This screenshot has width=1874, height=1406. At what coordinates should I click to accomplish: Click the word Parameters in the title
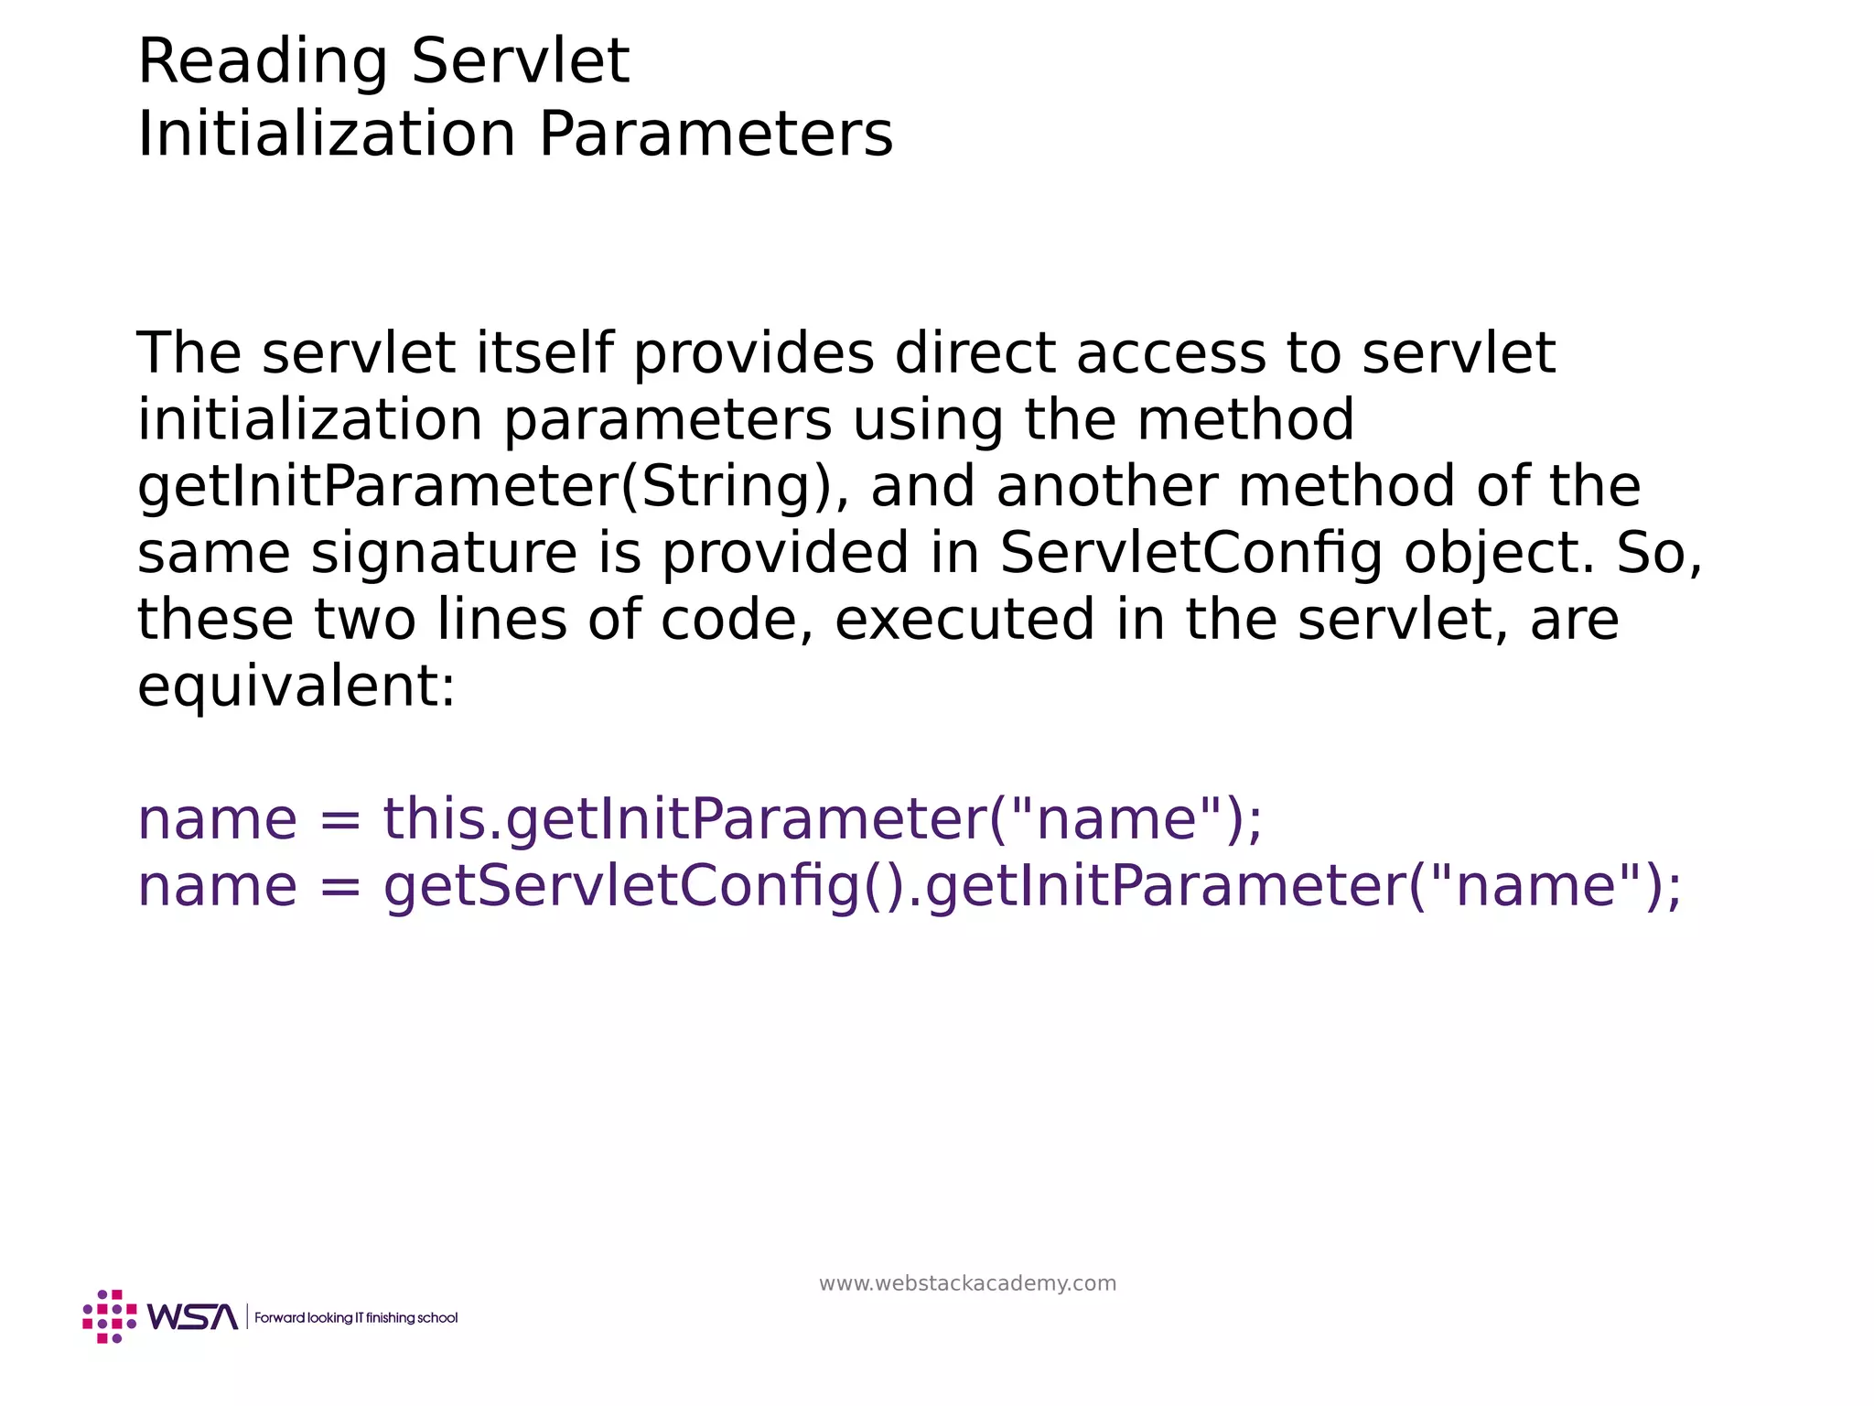pos(716,135)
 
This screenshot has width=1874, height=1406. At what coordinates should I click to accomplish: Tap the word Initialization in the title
pos(327,135)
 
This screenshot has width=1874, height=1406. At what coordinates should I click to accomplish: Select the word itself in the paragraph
pos(544,353)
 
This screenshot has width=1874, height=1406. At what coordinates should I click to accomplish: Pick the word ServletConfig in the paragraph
pos(1190,554)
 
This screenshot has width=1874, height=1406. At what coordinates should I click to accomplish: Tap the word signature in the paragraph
pos(444,554)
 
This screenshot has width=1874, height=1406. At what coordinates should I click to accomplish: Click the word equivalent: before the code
pos(296,687)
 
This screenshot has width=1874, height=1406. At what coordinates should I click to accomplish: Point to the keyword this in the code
pos(434,819)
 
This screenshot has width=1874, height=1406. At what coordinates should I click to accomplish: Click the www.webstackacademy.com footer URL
pos(967,1283)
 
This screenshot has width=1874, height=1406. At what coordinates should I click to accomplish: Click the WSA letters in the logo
pos(192,1317)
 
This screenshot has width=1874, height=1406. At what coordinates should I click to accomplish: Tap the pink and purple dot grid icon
pos(109,1317)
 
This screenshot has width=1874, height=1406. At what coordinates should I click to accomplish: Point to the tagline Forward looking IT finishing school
pos(356,1318)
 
